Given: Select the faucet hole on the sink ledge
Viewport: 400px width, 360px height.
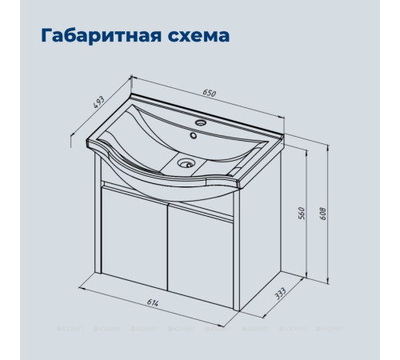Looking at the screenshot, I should (x=200, y=124).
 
